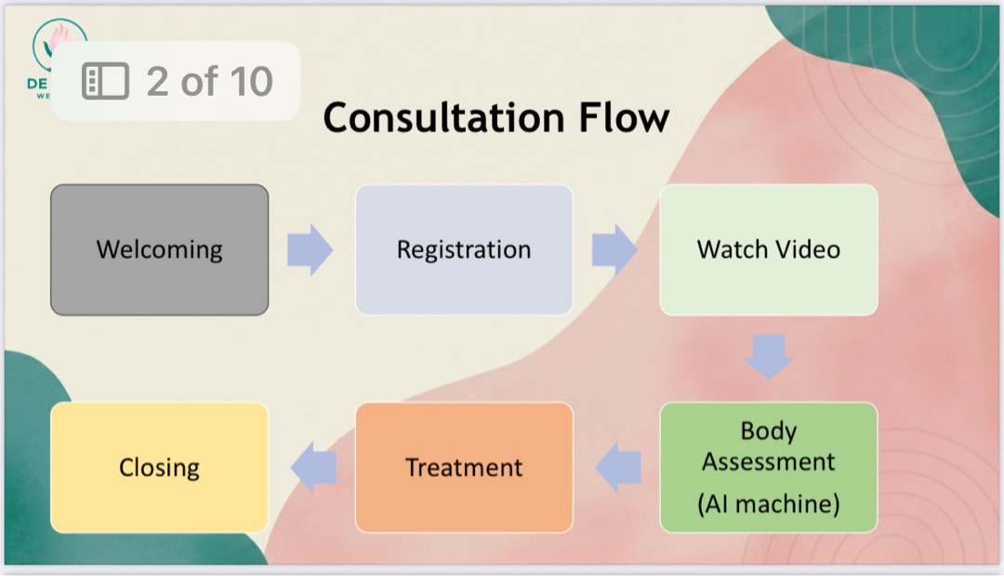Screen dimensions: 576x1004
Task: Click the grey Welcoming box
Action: point(159,249)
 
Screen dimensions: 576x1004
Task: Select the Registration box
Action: point(464,249)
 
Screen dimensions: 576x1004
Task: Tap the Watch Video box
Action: point(768,249)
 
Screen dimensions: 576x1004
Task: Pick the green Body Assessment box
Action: point(768,467)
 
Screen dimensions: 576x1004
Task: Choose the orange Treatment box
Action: point(464,467)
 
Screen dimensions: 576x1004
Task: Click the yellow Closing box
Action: point(159,467)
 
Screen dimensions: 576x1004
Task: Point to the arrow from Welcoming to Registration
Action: point(310,249)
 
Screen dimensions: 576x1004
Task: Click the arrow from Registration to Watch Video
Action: point(614,249)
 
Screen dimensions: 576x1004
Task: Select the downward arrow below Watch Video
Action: point(769,356)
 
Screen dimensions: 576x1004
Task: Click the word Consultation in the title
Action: point(443,118)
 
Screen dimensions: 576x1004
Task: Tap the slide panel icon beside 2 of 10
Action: point(105,82)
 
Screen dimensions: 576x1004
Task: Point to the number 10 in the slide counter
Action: point(251,82)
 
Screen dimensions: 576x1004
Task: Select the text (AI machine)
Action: point(768,503)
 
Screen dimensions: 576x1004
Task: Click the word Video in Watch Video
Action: point(805,249)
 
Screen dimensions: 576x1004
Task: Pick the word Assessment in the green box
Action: point(768,462)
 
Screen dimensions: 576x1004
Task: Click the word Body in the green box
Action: point(768,431)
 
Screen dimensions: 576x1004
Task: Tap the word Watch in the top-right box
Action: point(732,249)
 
